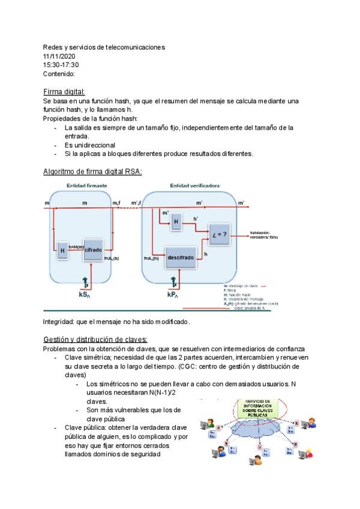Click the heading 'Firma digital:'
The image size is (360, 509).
(x=64, y=91)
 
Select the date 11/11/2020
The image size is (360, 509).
(x=59, y=56)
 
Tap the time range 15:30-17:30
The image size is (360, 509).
(x=61, y=65)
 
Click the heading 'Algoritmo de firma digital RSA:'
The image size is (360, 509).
(x=92, y=172)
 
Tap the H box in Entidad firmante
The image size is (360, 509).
(x=62, y=251)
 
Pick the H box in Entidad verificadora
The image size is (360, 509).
(x=176, y=221)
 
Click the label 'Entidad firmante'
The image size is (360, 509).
(x=87, y=186)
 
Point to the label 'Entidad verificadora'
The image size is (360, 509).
(x=196, y=186)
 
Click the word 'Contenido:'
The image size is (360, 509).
(x=59, y=74)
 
